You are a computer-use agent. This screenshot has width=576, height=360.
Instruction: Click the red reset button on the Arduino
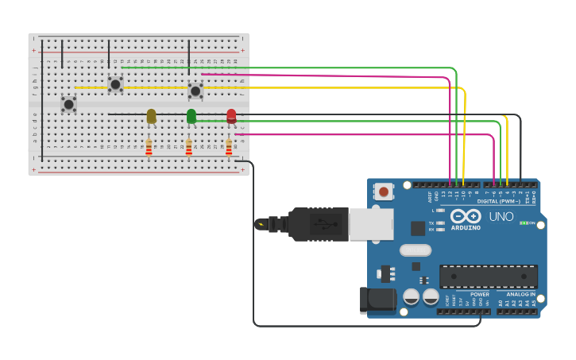pos(384,191)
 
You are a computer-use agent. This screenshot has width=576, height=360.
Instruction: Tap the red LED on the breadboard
pos(231,116)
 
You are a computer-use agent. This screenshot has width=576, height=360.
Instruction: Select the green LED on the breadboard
pos(191,116)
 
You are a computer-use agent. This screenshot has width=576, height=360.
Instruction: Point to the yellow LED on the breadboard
pos(151,117)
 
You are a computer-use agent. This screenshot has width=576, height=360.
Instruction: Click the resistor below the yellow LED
pos(149,148)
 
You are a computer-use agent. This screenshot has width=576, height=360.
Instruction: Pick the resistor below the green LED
pos(188,148)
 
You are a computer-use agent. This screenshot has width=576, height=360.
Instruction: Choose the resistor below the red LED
pos(229,148)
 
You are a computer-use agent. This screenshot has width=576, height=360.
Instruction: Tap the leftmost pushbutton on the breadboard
pos(69,103)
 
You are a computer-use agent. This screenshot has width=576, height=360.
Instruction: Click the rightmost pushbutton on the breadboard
pos(195,91)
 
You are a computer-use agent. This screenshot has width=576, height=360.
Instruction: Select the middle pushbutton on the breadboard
pos(115,83)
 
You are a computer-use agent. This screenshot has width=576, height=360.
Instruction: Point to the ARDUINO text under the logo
pos(466,228)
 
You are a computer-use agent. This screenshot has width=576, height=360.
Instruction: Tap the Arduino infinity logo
pos(466,216)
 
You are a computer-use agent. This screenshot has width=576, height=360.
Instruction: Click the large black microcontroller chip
pos(489,276)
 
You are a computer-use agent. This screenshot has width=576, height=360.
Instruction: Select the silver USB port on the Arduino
pos(370,224)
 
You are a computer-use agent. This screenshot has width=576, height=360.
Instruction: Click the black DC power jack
pos(378,300)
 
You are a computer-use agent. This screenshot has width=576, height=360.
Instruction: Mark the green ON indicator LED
pos(524,223)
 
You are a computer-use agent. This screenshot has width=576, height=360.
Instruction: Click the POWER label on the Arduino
pos(479,294)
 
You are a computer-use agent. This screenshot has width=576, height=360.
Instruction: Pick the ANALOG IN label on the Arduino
pos(520,294)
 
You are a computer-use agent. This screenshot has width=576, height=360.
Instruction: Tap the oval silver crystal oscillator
pos(415,250)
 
